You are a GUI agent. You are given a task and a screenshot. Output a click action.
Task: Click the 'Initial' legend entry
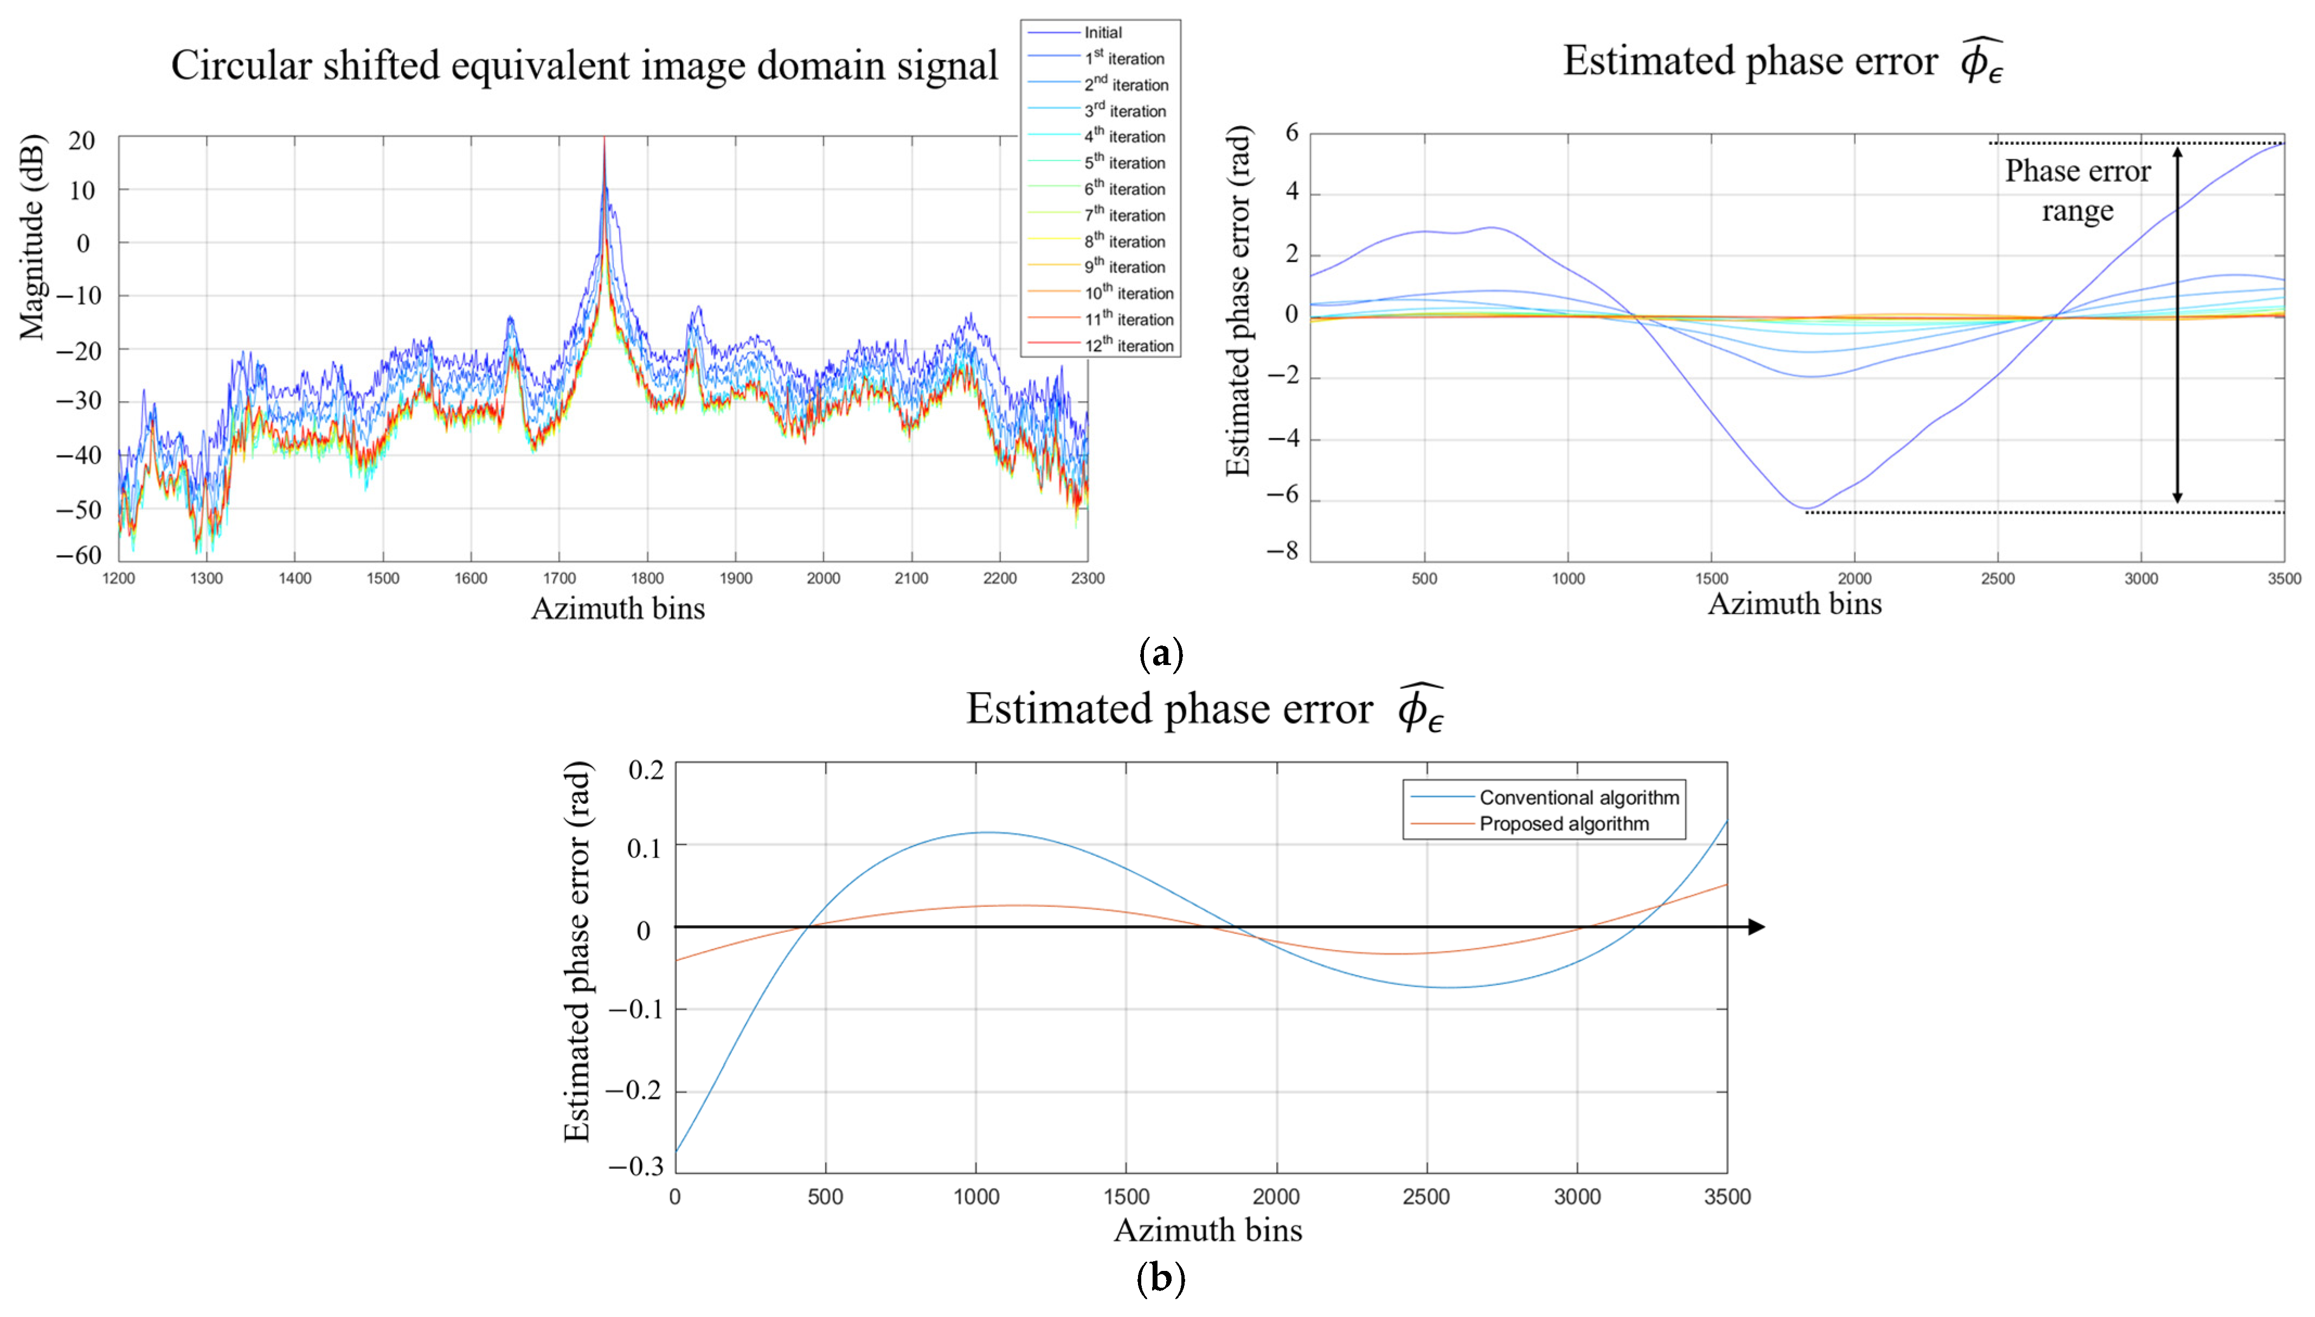(x=1102, y=33)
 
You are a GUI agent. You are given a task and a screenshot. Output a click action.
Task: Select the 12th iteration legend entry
(x=1128, y=346)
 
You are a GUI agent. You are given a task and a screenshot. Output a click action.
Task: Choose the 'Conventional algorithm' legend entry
(x=1579, y=797)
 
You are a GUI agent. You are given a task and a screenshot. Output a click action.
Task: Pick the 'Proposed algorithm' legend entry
(x=1563, y=823)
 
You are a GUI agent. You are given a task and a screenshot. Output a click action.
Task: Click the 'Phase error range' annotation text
(x=2077, y=190)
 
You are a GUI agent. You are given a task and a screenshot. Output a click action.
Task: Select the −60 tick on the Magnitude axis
(x=79, y=554)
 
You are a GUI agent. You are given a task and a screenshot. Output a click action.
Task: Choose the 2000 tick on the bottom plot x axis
(x=1276, y=1197)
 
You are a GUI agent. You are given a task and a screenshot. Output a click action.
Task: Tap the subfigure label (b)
(x=1160, y=1278)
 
